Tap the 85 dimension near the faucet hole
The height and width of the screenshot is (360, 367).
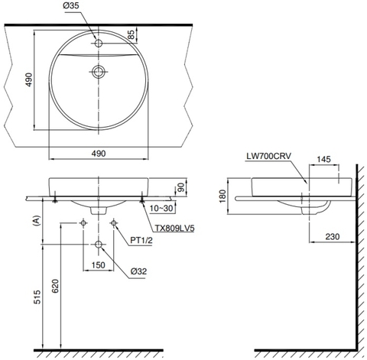tap(132, 35)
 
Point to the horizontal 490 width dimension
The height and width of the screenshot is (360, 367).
tap(99, 153)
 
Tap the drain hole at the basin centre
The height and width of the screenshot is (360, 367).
tap(97, 73)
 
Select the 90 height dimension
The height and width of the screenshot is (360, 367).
tap(181, 186)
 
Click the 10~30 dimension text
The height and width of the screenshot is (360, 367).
tap(164, 208)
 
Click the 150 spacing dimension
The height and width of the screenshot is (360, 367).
tap(97, 264)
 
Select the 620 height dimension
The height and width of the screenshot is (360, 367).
tap(53, 287)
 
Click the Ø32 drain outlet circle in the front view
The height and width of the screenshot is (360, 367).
tap(98, 245)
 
